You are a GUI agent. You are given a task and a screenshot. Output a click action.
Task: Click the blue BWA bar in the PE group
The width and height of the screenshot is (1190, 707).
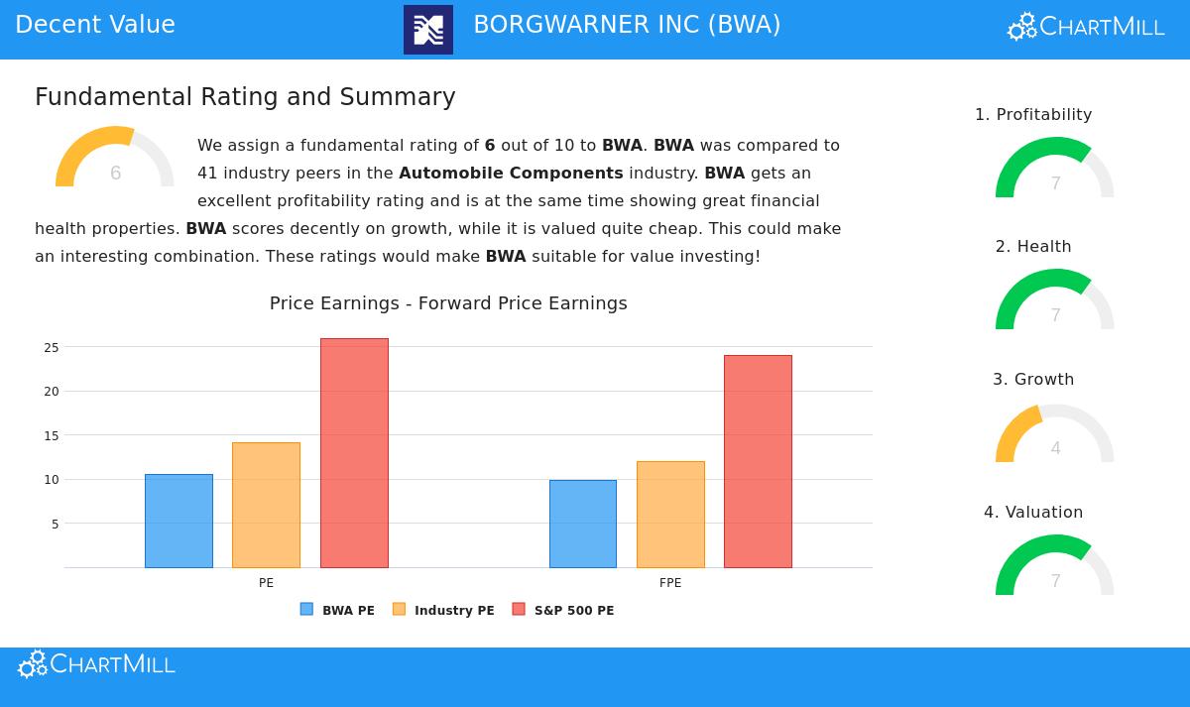coord(178,521)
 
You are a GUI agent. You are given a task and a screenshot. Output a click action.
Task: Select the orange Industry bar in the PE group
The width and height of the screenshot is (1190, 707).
coord(266,505)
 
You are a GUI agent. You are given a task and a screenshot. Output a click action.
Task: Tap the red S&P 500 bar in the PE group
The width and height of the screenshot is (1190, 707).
coord(354,453)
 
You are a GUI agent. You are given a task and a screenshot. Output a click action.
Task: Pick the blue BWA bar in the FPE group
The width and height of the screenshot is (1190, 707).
coord(583,524)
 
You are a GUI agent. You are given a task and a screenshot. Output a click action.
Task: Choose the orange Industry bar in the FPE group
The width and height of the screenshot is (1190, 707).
coord(670,514)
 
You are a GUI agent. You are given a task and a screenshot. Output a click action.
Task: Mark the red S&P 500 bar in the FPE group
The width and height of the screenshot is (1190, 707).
coord(758,461)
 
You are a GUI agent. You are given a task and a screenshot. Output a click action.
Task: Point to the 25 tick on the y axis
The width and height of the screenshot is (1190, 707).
coord(52,348)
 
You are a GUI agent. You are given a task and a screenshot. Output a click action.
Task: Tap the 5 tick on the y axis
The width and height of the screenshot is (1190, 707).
coord(56,524)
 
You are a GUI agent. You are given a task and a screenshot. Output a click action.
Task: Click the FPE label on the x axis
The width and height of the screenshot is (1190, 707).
coord(670,583)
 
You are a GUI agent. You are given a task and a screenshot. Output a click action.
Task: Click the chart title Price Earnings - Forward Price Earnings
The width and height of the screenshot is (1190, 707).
coord(448,303)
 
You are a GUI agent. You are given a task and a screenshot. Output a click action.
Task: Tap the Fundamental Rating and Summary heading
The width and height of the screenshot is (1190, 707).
coord(245,97)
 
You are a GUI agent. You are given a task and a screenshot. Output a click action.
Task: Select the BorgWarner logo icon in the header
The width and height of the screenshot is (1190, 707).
coord(428,30)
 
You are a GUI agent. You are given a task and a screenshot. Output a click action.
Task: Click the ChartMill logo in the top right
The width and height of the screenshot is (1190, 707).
coord(1086,27)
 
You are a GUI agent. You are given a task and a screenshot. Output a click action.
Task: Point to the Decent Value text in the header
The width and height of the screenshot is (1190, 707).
coord(95,26)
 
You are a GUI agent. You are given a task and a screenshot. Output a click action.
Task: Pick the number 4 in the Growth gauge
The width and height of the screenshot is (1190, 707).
coord(1055,448)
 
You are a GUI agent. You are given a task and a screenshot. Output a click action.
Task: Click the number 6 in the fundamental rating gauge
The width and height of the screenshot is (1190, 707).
coord(116,174)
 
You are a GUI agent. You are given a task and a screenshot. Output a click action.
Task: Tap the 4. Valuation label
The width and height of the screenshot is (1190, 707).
coord(1033,513)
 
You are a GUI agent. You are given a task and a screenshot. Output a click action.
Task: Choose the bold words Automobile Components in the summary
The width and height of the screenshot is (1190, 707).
coord(511,174)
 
